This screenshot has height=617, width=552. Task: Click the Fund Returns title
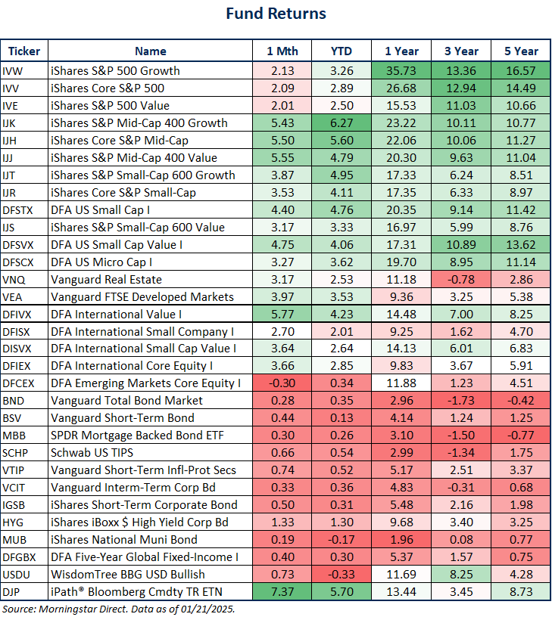276,14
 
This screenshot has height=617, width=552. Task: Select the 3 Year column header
461,51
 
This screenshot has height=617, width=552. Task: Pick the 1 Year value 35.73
401,71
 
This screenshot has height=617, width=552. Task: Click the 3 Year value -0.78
461,280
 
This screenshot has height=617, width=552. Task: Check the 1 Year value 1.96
401,540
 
